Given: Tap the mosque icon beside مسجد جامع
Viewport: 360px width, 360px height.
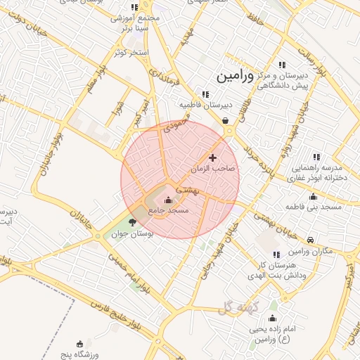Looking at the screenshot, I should pyautogui.click(x=167, y=200).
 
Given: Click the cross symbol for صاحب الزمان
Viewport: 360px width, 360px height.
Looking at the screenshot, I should pyautogui.click(x=213, y=158).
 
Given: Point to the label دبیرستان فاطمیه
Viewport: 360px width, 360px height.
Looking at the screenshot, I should pyautogui.click(x=205, y=105).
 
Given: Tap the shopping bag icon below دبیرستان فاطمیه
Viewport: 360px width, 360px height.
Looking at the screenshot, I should pyautogui.click(x=224, y=120).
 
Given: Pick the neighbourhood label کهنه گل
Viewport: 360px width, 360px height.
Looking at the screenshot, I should pyautogui.click(x=239, y=307).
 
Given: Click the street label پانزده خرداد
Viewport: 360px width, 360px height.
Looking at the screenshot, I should pyautogui.click(x=252, y=165).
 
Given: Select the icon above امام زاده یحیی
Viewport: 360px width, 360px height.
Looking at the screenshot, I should pyautogui.click(x=273, y=307).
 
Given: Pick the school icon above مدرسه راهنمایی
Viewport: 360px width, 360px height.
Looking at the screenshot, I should pyautogui.click(x=316, y=156).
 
